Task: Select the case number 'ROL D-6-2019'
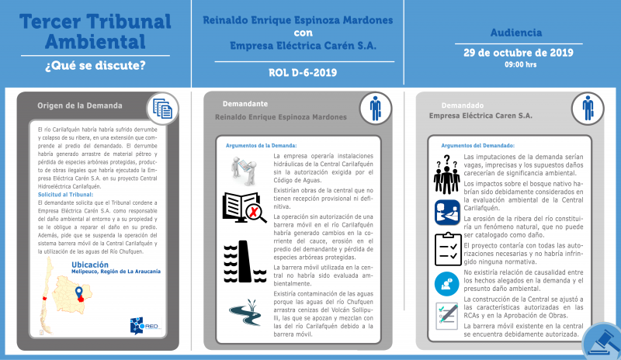302,73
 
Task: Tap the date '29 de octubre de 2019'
518,53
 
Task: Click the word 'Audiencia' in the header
518,33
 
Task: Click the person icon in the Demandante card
376,108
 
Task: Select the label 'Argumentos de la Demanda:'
261,145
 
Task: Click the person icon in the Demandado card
588,108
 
